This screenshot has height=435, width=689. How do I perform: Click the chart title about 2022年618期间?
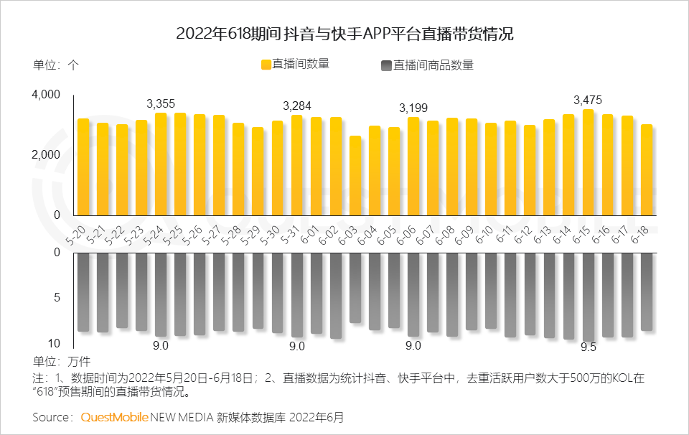(344, 34)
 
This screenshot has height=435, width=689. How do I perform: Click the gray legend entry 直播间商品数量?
(426, 65)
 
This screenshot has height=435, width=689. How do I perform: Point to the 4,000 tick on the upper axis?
(46, 95)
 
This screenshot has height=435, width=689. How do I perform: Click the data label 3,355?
(161, 103)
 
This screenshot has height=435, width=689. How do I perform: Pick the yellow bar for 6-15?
(588, 162)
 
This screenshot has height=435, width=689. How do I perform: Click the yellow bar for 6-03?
(355, 175)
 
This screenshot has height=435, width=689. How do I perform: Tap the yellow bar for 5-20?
(83, 167)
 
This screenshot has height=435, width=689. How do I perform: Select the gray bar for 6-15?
(588, 296)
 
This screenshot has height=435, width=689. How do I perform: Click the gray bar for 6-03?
(355, 287)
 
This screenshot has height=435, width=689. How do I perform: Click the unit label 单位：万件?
(62, 360)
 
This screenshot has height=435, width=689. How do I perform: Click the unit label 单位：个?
(56, 64)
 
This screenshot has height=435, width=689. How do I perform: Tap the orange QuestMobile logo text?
(115, 417)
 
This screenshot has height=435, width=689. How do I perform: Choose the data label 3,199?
(413, 108)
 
